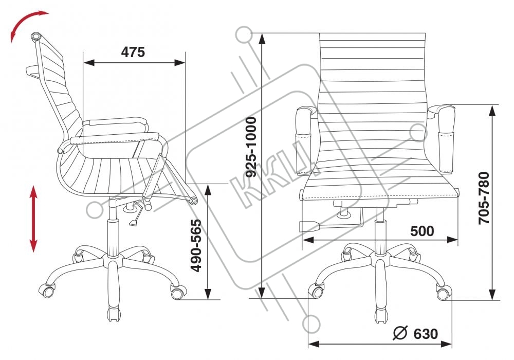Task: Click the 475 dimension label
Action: [133, 52]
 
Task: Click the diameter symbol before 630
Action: [400, 333]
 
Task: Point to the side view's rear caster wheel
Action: [50, 290]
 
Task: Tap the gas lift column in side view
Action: [114, 236]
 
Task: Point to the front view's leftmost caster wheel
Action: [315, 292]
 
